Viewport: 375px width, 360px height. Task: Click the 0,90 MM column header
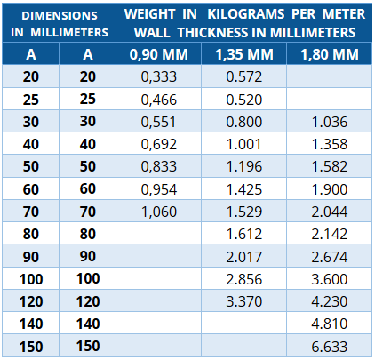[x=159, y=54]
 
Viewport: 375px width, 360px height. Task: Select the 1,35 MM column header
[x=244, y=54]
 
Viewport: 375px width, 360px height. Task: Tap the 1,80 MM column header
[x=330, y=54]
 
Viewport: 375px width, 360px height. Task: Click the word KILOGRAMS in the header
[x=246, y=14]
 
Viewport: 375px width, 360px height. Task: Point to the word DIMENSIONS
[x=60, y=16]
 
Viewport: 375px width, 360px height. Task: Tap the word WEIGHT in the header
[x=150, y=14]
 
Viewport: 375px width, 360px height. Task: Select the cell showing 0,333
[x=159, y=76]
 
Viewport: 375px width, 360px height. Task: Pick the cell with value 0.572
[x=244, y=76]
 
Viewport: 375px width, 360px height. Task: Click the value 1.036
[x=330, y=122]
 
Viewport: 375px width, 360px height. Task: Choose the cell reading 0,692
[x=159, y=144]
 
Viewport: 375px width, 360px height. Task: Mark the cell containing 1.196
[x=244, y=166]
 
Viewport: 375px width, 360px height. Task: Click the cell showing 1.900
[x=330, y=189]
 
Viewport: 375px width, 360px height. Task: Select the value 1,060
[x=159, y=212]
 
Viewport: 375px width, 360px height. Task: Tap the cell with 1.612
[x=244, y=234]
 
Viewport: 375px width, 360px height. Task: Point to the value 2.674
[x=330, y=257]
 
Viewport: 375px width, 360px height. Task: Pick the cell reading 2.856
[x=244, y=279]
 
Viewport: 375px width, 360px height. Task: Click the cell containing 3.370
[x=244, y=301]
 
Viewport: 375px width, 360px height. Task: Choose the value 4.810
[x=330, y=324]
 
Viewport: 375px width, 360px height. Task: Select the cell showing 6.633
[x=330, y=347]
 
